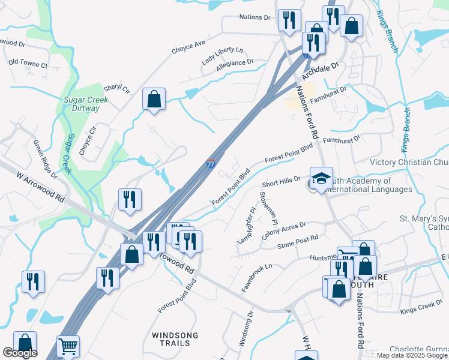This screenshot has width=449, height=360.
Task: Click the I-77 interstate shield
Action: pyautogui.click(x=211, y=164)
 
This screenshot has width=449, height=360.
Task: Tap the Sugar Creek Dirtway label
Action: pyautogui.click(x=86, y=105)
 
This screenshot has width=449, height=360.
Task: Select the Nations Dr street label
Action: pyautogui.click(x=255, y=17)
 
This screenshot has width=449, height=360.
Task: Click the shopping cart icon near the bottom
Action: pyautogui.click(x=68, y=347)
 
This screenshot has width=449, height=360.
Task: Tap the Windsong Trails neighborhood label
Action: pyautogui.click(x=171, y=339)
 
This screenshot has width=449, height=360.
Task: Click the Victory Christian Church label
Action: pyautogui.click(x=409, y=162)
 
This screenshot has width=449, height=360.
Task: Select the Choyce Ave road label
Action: pyautogui.click(x=188, y=43)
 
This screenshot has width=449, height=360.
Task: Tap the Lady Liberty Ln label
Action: pyautogui.click(x=222, y=54)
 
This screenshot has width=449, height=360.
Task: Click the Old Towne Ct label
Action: pyautogui.click(x=28, y=63)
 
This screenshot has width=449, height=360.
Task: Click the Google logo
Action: pyautogui.click(x=20, y=353)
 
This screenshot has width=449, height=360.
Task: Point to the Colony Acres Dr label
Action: pyautogui.click(x=284, y=231)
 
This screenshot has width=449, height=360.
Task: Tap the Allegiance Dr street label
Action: pyautogui.click(x=235, y=62)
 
